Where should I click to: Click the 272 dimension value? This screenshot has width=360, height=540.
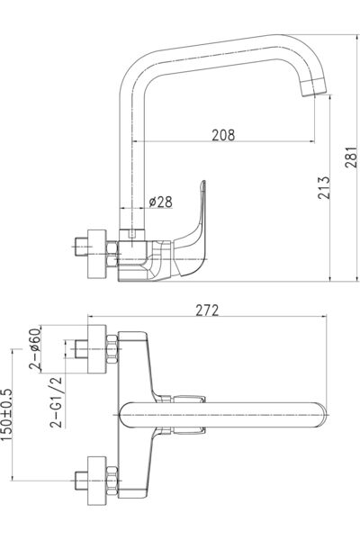coord(208,310)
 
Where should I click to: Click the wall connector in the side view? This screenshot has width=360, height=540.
coord(89,253)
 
